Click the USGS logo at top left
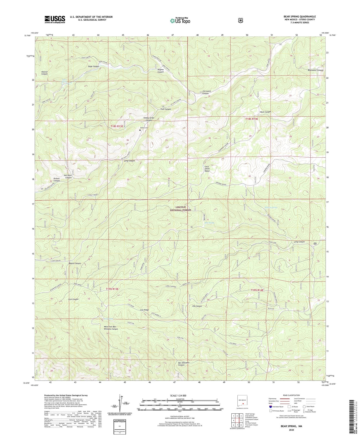(55, 19)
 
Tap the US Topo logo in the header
(180, 21)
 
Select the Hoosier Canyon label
(44, 73)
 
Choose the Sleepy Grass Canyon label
(149, 119)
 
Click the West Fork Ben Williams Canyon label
(111, 328)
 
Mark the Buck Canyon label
(265, 112)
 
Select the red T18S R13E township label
(117, 126)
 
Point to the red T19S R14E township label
(257, 290)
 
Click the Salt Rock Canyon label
(67, 177)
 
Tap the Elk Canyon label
(197, 306)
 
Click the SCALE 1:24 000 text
(178, 396)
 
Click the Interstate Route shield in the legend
(270, 407)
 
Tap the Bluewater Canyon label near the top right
(315, 70)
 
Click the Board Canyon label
(75, 263)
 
